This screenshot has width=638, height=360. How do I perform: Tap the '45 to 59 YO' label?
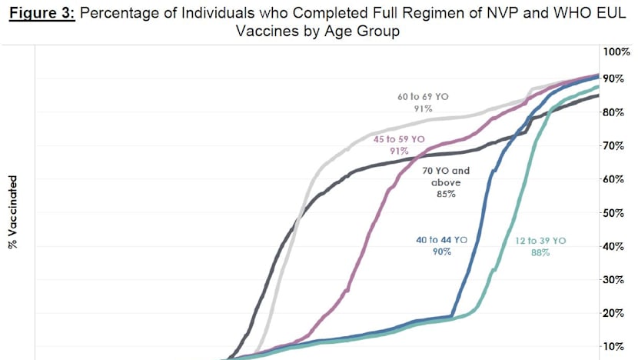tap(399, 139)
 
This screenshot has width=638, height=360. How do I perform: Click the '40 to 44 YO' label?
tap(441, 241)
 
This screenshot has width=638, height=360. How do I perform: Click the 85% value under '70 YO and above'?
tap(447, 195)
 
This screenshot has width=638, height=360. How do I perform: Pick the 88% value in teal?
tap(540, 253)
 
